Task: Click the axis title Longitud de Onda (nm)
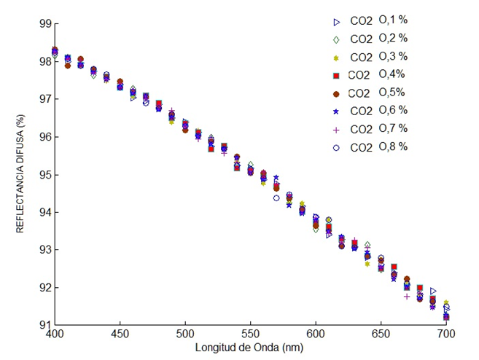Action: (x=249, y=347)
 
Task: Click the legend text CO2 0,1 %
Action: (x=378, y=20)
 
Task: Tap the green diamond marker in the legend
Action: (x=337, y=39)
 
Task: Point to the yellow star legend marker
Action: (x=337, y=57)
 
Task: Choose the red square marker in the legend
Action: (x=337, y=74)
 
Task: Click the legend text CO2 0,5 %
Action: (x=378, y=93)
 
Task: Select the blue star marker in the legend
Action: (x=337, y=111)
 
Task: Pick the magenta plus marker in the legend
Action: (x=337, y=129)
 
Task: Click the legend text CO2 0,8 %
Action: (x=378, y=146)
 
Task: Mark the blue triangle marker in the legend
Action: (x=337, y=21)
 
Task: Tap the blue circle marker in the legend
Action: (x=337, y=146)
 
